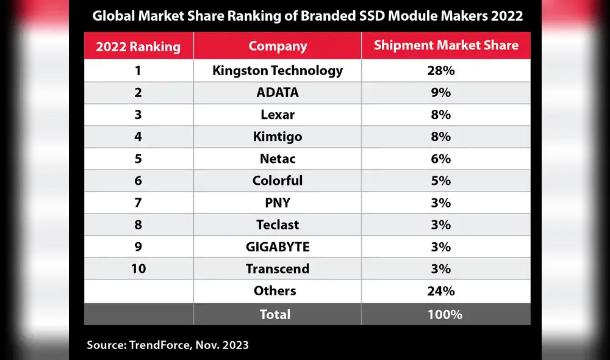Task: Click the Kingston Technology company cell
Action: (278, 71)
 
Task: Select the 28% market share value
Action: (445, 71)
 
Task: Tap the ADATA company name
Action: (278, 93)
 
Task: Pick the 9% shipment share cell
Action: (445, 93)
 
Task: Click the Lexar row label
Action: (278, 115)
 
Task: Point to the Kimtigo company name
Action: (278, 137)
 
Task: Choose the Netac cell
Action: (278, 159)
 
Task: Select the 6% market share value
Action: (445, 159)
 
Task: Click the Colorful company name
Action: (278, 181)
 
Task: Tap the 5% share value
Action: (445, 181)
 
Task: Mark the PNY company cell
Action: (278, 203)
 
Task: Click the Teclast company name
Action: (278, 225)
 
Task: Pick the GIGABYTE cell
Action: (278, 247)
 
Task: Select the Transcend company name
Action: (278, 268)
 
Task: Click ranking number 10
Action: (138, 268)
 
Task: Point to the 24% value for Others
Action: (445, 291)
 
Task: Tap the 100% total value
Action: (445, 314)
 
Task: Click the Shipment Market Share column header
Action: (446, 46)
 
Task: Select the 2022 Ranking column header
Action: (138, 46)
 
